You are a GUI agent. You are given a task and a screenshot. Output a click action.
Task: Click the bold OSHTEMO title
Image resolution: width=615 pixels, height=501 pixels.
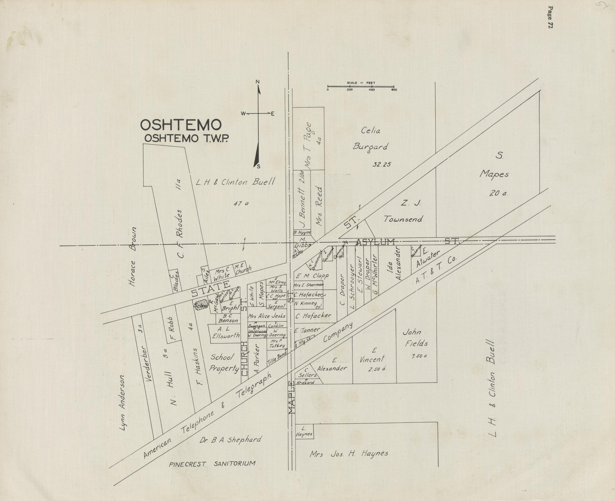click(181, 125)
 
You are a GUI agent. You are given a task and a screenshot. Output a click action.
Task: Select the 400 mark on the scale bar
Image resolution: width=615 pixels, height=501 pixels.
click(372, 89)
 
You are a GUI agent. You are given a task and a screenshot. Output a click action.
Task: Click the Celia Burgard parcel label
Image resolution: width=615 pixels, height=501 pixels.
click(371, 139)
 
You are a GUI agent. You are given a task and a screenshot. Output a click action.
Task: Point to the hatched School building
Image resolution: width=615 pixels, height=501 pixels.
click(201, 305)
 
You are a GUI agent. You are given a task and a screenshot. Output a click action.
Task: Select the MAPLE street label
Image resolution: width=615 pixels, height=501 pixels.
click(292, 398)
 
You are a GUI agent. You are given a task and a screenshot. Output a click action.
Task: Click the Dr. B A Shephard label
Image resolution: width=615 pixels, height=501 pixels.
click(230, 440)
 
